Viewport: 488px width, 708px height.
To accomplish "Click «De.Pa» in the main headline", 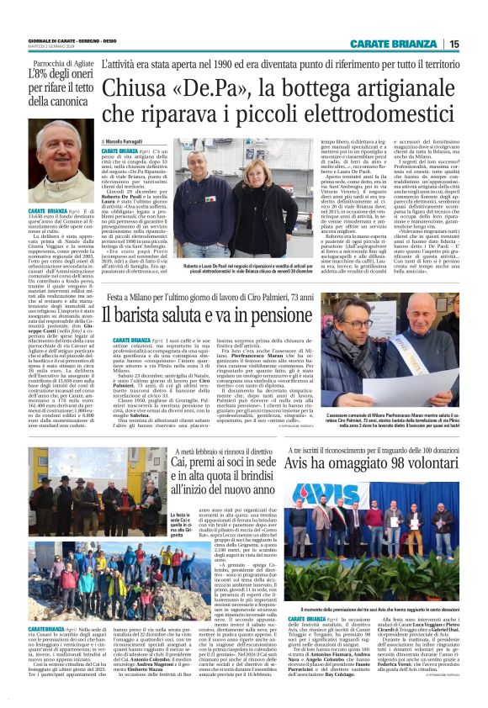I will tap(221, 89).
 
